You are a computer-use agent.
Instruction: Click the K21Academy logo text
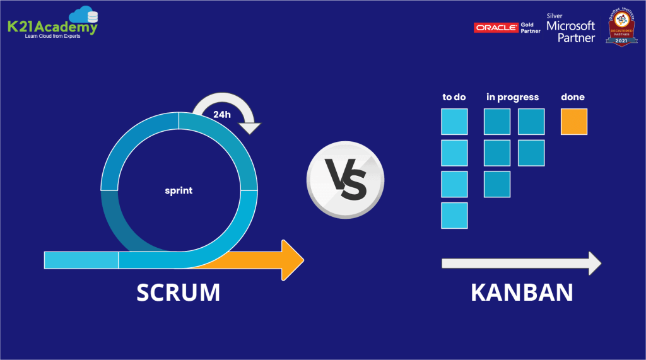pos(52,28)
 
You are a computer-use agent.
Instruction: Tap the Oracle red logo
pos(496,27)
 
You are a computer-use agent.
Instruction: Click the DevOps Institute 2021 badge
pos(621,26)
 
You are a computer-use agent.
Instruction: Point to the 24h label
pos(221,115)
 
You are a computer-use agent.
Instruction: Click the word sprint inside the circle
pos(179,190)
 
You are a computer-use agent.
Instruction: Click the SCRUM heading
pos(179,293)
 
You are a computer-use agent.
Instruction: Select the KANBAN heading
pos(522,293)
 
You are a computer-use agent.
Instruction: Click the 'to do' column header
pos(454,97)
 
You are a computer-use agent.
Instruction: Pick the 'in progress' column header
pos(512,97)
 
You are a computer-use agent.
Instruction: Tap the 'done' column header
pos(573,97)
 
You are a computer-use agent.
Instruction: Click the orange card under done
pos(573,122)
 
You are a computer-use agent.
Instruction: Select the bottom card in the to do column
pos(454,215)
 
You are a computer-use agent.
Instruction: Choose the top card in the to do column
pos(454,122)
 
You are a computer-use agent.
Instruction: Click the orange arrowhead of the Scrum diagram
pos(292,260)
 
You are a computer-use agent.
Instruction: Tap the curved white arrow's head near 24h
pos(250,127)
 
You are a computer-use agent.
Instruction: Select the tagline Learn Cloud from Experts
pos(52,36)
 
